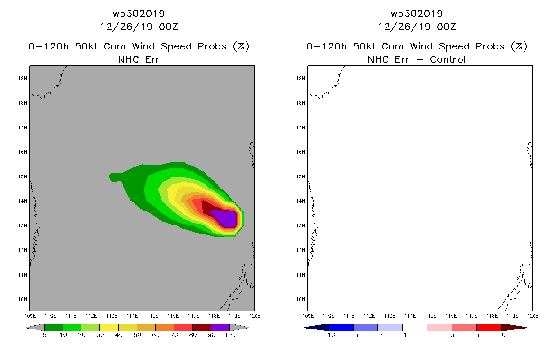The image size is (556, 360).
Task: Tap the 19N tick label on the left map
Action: tap(22, 78)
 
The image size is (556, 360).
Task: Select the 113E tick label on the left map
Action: tap(112, 316)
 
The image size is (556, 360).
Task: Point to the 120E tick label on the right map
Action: tap(533, 316)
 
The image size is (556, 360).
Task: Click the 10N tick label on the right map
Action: tap(300, 299)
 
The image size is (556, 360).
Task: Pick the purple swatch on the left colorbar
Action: tap(220, 327)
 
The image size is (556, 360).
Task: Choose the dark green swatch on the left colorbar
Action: tap(54, 327)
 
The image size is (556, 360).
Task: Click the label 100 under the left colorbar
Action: tap(230, 335)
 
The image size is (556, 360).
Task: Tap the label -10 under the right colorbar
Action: tap(329, 335)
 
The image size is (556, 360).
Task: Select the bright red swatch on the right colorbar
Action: tap(489, 327)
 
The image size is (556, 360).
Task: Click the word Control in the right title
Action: tap(448, 60)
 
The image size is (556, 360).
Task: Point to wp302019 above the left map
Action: tap(139, 14)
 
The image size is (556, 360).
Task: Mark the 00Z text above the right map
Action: tap(446, 27)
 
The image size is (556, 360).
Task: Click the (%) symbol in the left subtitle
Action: tap(241, 46)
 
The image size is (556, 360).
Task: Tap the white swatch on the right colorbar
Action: tap(415, 327)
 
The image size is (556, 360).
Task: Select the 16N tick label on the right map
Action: tap(300, 152)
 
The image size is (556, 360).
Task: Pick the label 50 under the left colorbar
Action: tap(137, 335)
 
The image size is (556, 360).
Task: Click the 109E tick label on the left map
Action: tap(30, 316)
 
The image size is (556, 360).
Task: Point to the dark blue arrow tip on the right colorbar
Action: tap(305, 328)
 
